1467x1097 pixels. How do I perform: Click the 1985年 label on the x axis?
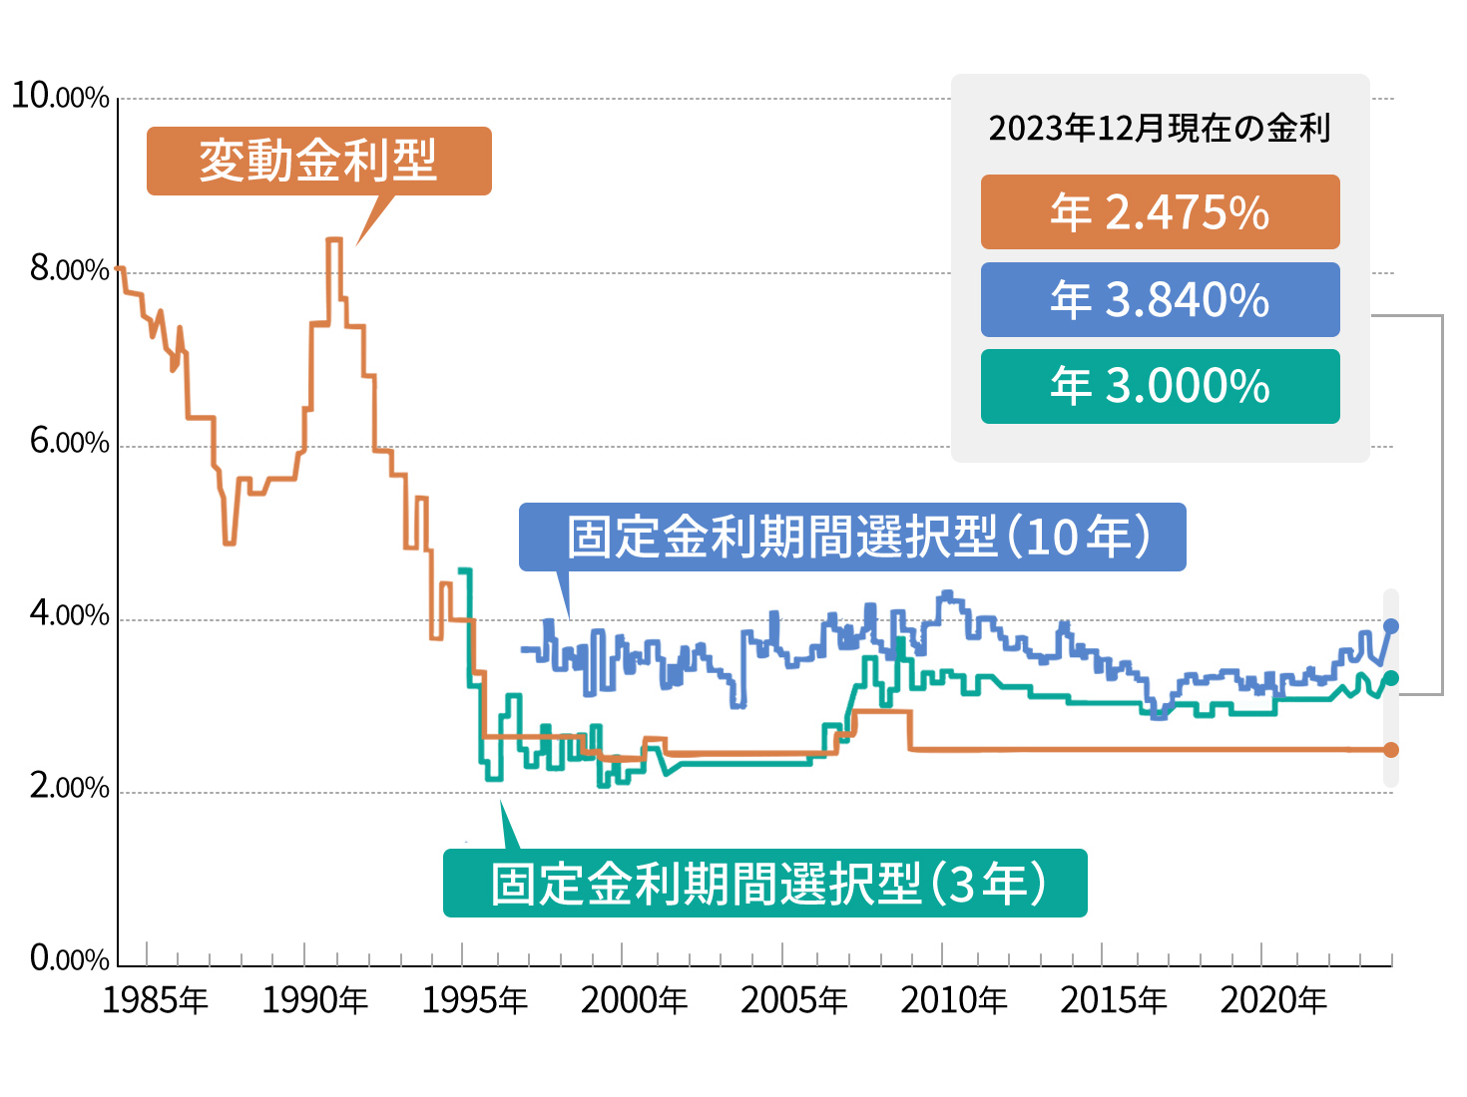pos(155,1000)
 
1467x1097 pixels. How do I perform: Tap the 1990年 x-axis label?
pos(314,1000)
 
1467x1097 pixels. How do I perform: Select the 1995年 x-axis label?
pos(474,1000)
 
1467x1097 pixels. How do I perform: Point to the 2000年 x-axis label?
pos(634,1000)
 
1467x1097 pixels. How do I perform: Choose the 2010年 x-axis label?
pos(953,1000)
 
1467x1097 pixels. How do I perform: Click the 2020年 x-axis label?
pos(1272,1000)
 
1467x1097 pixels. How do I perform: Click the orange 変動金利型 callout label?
pos(318,161)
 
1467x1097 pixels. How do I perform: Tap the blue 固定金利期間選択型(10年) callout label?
pos(852,537)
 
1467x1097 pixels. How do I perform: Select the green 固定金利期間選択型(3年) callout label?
pos(764,883)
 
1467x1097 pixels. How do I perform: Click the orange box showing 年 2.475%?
pos(1160,212)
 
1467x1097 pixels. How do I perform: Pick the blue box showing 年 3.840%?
pos(1160,299)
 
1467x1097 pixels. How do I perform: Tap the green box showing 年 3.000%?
pos(1160,386)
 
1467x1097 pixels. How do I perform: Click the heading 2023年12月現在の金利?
pos(1160,129)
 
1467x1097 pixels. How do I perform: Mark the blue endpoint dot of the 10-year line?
pos(1391,626)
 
